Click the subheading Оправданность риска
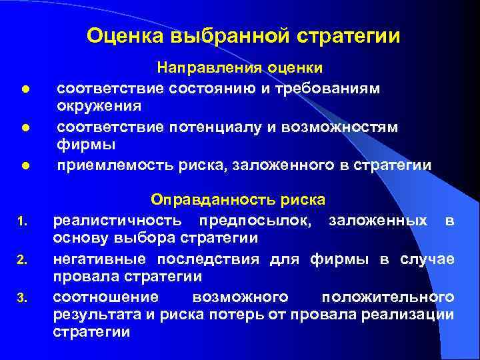coord(238,200)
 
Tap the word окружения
coord(98,107)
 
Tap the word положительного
coord(388,296)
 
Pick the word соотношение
coord(106,296)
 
